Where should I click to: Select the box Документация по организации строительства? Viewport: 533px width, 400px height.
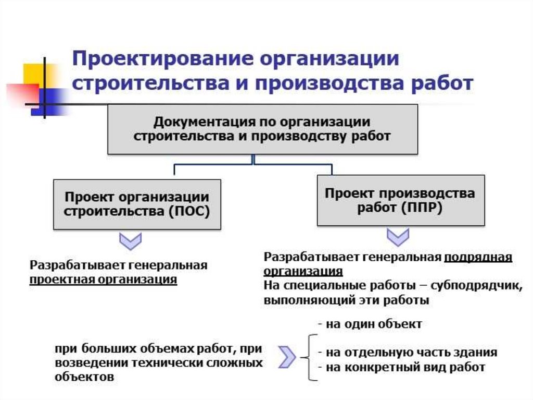(x=262, y=129)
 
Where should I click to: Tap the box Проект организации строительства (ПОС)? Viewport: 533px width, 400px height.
(x=137, y=204)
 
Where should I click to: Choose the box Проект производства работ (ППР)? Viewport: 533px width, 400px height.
(x=400, y=200)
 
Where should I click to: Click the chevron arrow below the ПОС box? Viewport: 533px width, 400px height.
(x=131, y=241)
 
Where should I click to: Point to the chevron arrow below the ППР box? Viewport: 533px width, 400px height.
(x=397, y=237)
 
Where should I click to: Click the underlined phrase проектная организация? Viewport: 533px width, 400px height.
(x=103, y=280)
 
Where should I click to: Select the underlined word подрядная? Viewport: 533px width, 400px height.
(x=478, y=258)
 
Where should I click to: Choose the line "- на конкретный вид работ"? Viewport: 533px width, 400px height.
(x=401, y=367)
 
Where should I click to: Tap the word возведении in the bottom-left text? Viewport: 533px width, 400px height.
(x=82, y=363)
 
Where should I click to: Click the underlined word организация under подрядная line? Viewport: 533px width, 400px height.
(x=303, y=272)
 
